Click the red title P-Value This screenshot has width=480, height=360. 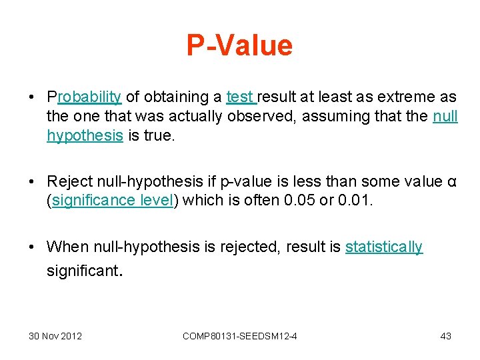tap(239, 45)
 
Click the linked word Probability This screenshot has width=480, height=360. tap(84, 97)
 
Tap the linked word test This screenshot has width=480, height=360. tap(240, 97)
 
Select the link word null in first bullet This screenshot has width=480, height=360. tap(445, 116)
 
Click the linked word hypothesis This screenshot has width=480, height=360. tap(85, 135)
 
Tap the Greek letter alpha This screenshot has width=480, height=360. tap(452, 181)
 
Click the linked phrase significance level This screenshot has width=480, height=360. tap(113, 201)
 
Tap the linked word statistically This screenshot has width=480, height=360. tap(384, 247)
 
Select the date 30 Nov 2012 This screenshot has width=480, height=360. tap(55, 336)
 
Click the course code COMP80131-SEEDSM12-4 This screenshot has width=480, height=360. tap(239, 336)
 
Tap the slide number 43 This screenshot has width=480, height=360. tap(445, 336)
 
